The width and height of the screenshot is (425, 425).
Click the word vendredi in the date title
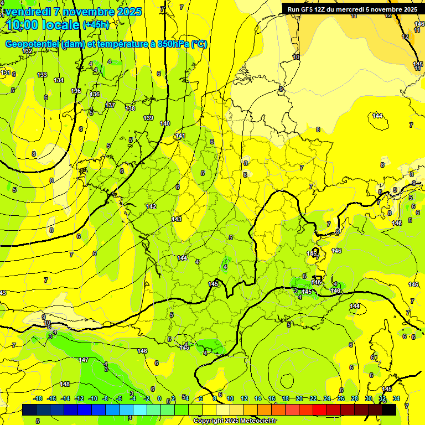pos(28,12)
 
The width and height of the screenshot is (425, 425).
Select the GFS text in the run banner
pos(307,9)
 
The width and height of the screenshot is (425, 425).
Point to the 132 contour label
pos(27,51)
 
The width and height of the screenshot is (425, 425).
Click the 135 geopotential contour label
pos(76,91)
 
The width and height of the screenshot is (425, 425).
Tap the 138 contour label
pos(130,108)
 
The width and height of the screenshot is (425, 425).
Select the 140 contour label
pos(165,123)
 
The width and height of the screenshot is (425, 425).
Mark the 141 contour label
pos(180,136)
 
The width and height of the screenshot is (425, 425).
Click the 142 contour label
pos(151,206)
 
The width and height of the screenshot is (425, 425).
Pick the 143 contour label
pos(177,219)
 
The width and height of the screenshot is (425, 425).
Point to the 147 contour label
pos(84,360)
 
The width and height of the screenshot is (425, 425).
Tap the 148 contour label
pos(65,384)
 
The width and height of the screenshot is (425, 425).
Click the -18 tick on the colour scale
pos(38,398)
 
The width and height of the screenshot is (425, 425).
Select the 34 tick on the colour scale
pos(396,398)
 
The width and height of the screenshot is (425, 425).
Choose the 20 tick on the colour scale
pos(299,398)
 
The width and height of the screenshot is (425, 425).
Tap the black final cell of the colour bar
pos(389,410)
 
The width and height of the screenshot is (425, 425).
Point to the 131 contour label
pos(6,73)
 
